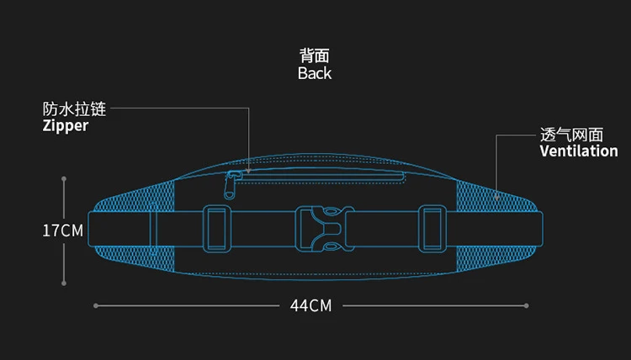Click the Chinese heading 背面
[x=315, y=56]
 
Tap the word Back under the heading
[x=315, y=74]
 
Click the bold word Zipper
[x=66, y=126]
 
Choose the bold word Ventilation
[x=579, y=151]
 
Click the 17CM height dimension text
[x=63, y=230]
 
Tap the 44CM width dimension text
[x=310, y=305]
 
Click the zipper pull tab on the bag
[x=232, y=183]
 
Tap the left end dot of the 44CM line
[x=95, y=305]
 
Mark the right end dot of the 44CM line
[x=527, y=305]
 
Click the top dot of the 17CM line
[x=65, y=177]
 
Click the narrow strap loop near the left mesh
[x=153, y=230]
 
